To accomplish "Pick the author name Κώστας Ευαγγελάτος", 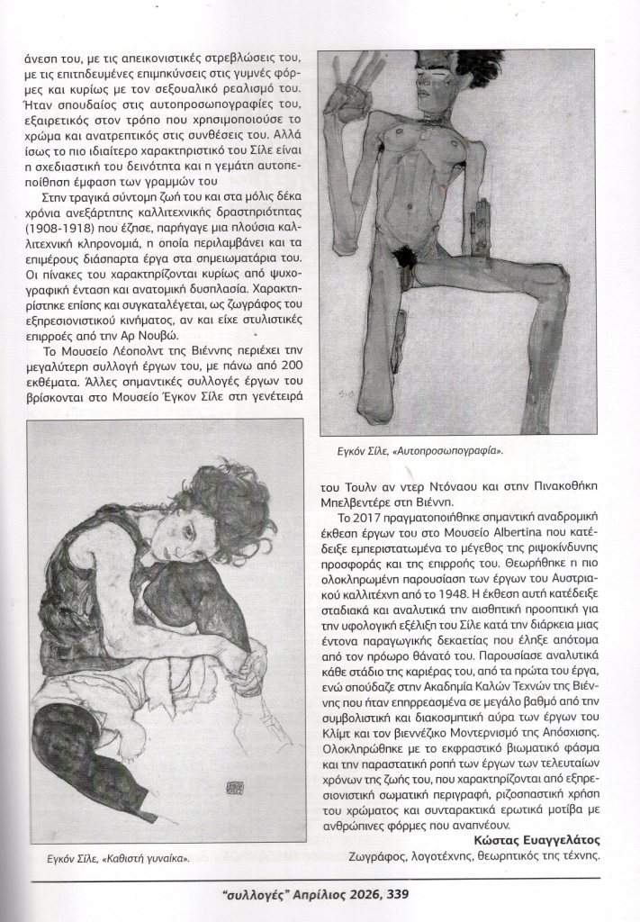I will tap(537, 840).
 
